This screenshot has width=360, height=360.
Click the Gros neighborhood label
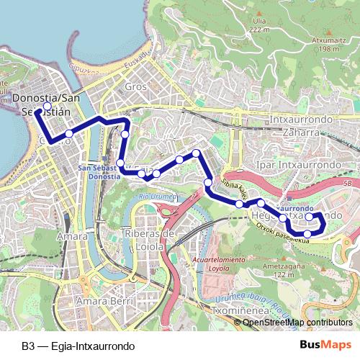[135, 86]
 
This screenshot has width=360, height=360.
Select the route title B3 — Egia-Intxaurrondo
[78, 346]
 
